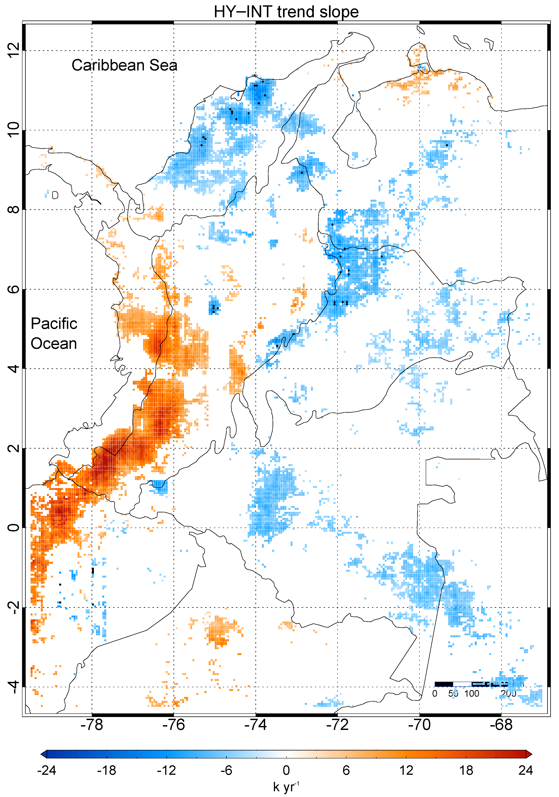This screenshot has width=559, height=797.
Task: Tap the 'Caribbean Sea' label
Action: [124, 65]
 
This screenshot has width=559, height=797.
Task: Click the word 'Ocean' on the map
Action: [54, 344]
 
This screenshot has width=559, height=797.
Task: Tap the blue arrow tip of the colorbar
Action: [43, 754]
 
